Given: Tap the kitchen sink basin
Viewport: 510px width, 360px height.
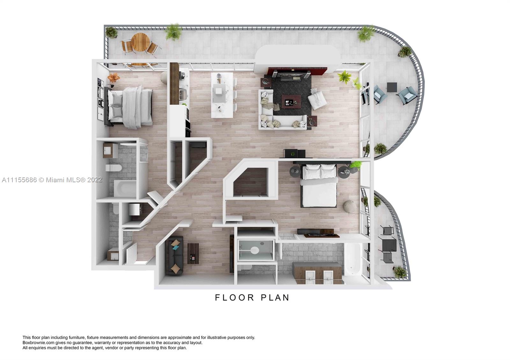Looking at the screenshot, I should tap(182, 94).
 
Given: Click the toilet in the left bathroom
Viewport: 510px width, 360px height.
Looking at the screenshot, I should tap(113, 168).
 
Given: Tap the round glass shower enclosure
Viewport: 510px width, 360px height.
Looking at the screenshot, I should tap(255, 250).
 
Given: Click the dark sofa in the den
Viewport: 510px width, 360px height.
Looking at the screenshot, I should tap(174, 256).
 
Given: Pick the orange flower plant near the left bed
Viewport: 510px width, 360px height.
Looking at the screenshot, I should tap(113, 77).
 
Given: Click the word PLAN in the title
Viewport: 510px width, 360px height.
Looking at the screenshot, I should tap(275, 298).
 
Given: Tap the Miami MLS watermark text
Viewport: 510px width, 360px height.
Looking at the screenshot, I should tap(52, 180).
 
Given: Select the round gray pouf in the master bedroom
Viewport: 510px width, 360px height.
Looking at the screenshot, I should tap(350, 206).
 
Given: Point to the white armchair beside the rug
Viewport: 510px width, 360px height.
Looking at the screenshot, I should tap(317, 99).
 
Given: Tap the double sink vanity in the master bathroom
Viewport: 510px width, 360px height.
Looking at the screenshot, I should tap(317, 272).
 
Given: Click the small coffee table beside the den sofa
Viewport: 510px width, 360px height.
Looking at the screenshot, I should tap(193, 253).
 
